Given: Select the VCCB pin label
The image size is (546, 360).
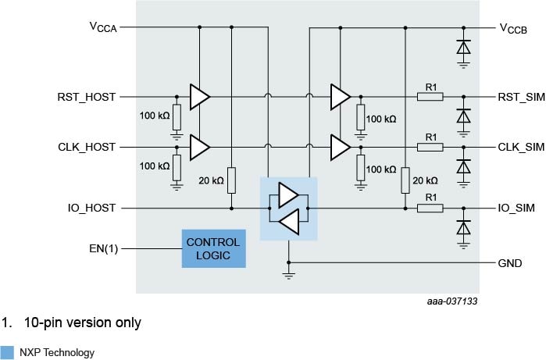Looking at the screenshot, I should point(513,29).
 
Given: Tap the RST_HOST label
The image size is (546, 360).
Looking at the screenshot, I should point(87,97).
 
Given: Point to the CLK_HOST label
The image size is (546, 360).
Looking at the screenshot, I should point(87,146).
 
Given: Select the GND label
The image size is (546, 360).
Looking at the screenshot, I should point(510,263).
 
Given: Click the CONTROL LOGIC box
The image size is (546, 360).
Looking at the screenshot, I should point(213,248).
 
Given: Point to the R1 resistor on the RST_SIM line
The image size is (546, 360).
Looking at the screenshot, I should point(430,97).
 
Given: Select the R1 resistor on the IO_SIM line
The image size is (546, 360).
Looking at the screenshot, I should point(430,208).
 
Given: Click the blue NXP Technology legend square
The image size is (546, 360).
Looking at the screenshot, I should point(7,352).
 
